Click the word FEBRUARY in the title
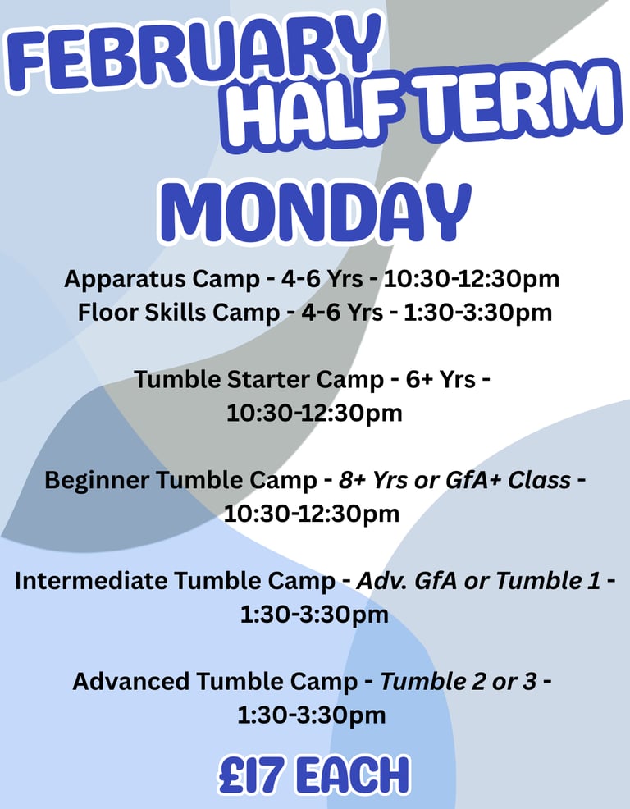click(194, 51)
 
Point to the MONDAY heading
click(315, 212)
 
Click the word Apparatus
click(125, 280)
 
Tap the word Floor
click(107, 312)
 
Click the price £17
click(251, 775)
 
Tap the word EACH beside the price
click(354, 775)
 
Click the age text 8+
click(352, 480)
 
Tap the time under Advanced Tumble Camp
click(312, 715)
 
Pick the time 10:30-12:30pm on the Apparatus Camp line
click(472, 279)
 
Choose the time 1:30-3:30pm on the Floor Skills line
click(477, 313)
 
